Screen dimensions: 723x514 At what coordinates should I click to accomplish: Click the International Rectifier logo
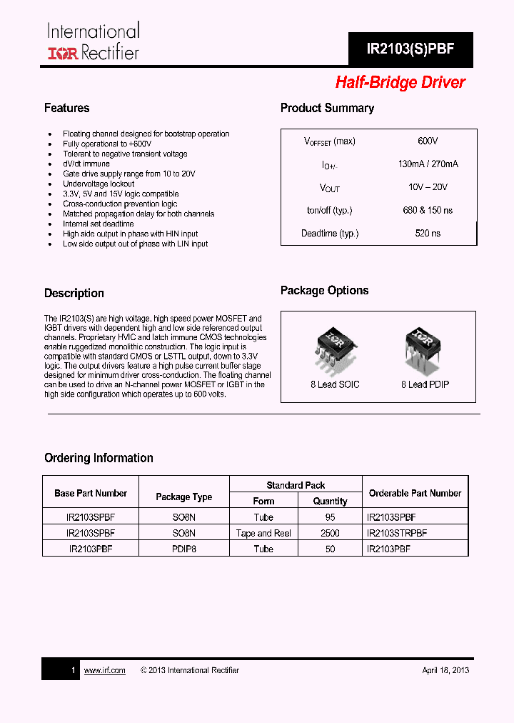(x=93, y=41)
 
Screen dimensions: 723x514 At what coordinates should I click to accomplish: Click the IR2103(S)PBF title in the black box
(x=410, y=49)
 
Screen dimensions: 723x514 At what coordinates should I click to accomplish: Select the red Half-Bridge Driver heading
(x=400, y=83)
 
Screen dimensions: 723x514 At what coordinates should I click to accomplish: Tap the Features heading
(x=66, y=108)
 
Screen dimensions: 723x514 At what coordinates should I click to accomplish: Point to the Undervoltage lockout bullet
(x=99, y=184)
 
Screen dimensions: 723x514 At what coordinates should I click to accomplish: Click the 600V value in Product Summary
(x=428, y=141)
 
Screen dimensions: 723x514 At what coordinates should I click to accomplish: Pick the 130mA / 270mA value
(x=428, y=164)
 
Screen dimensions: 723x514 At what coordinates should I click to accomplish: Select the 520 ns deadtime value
(x=428, y=234)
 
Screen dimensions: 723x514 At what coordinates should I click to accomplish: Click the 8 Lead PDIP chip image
(x=425, y=348)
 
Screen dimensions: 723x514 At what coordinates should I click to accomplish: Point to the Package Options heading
(x=324, y=291)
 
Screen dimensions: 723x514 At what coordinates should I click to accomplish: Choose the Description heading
(x=74, y=294)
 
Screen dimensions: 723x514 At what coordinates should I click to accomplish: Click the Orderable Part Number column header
(x=415, y=493)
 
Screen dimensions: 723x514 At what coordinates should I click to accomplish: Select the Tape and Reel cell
(x=263, y=533)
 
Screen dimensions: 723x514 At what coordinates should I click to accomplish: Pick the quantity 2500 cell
(x=330, y=533)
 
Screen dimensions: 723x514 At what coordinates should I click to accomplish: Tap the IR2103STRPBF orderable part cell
(x=396, y=533)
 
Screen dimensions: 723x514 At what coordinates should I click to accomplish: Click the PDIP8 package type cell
(x=183, y=549)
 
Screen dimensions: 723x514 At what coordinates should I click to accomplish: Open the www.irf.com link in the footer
(x=104, y=670)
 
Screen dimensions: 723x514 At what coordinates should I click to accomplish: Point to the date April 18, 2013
(x=445, y=670)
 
